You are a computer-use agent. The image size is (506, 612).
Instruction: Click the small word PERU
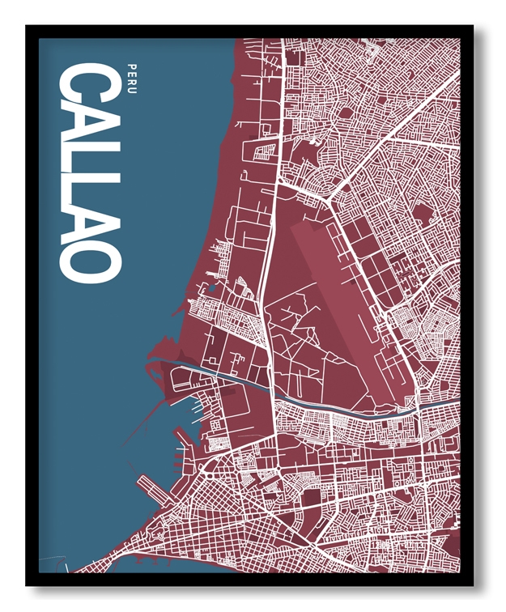[x=131, y=74]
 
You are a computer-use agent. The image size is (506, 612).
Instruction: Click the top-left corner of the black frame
[x=27, y=27]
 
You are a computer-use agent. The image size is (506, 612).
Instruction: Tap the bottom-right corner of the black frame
[x=473, y=584]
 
